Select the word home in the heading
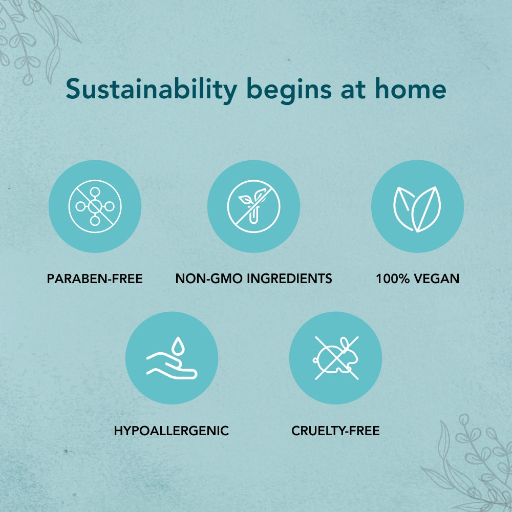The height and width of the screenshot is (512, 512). [x=411, y=89]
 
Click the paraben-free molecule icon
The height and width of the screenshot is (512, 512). [x=95, y=206]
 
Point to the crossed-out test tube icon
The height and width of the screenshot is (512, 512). [x=254, y=206]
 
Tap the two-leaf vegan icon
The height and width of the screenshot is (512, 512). [x=417, y=209]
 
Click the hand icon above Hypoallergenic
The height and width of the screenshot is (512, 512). [x=172, y=365]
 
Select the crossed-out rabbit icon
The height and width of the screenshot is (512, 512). [x=336, y=358]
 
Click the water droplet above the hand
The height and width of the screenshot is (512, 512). [x=178, y=346]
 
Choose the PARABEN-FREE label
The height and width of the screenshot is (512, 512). [x=95, y=279]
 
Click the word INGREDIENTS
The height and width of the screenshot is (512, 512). [x=289, y=279]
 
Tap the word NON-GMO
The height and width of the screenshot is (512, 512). [x=209, y=279]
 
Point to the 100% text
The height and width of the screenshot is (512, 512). [x=393, y=279]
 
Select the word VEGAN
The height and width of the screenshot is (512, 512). [x=437, y=279]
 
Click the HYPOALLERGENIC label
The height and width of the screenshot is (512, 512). [x=172, y=431]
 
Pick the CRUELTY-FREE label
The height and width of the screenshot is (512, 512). [x=336, y=431]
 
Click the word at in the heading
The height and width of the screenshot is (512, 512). [x=353, y=90]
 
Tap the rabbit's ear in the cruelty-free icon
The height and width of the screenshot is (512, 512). [x=345, y=343]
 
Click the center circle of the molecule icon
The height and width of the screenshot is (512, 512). [x=95, y=206]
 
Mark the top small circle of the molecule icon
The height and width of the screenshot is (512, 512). [x=95, y=191]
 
